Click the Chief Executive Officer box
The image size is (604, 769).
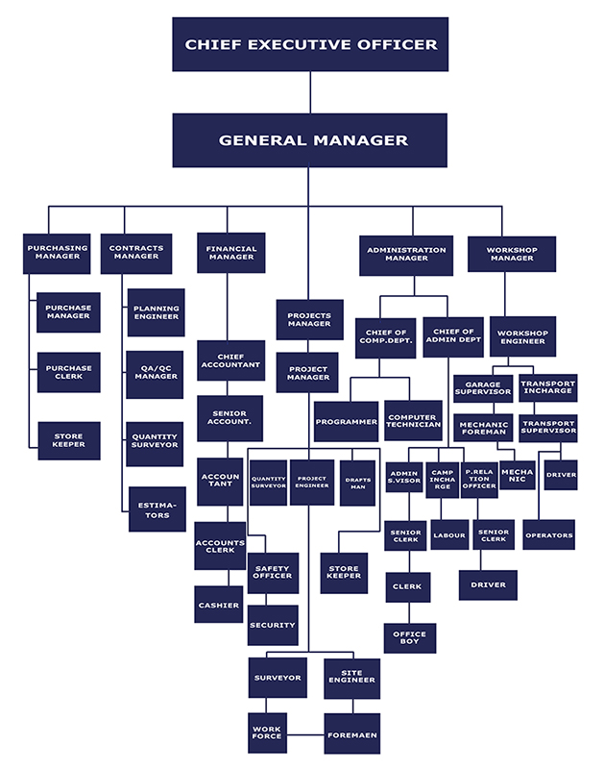pyautogui.click(x=310, y=44)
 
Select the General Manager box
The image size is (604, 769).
pyautogui.click(x=310, y=140)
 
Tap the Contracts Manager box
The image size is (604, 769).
pyautogui.click(x=135, y=254)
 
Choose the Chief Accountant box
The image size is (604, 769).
pyautogui.click(x=230, y=360)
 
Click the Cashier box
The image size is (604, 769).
pyautogui.click(x=218, y=605)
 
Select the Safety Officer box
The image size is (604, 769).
pyautogui.click(x=273, y=573)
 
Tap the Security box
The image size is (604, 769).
pyautogui.click(x=273, y=625)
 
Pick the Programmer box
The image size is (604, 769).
pyautogui.click(x=346, y=421)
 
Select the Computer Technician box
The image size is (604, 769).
pyautogui.click(x=413, y=421)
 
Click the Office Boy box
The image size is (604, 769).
pyautogui.click(x=410, y=638)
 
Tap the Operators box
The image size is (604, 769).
pyautogui.click(x=548, y=535)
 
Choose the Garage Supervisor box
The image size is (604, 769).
pyautogui.click(x=483, y=387)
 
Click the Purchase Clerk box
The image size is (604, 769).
pyautogui.click(x=69, y=372)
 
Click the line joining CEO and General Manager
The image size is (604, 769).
pyautogui.click(x=310, y=92)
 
